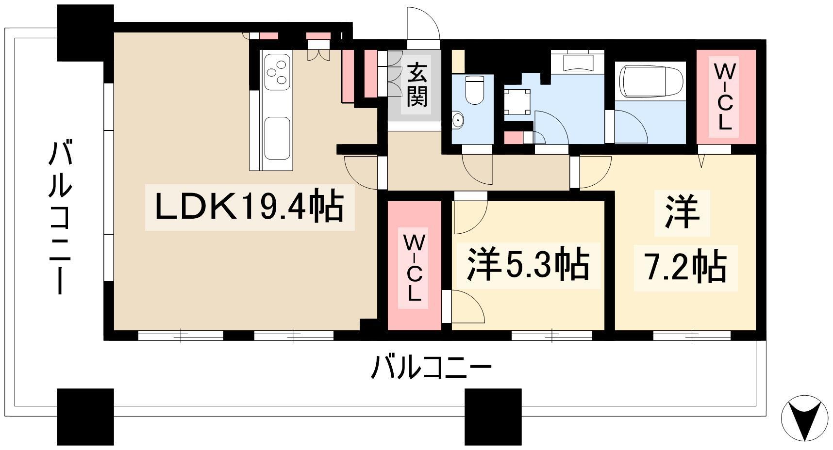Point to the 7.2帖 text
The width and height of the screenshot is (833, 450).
tap(685, 266)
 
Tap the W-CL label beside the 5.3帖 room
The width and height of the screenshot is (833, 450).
tap(414, 268)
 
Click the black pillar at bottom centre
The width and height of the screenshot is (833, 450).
tap(493, 417)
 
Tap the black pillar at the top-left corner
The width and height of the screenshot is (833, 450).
tap(85, 33)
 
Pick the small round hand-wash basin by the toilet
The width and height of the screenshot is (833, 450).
tap(457, 120)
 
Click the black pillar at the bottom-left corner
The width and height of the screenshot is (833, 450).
tap(85, 417)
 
